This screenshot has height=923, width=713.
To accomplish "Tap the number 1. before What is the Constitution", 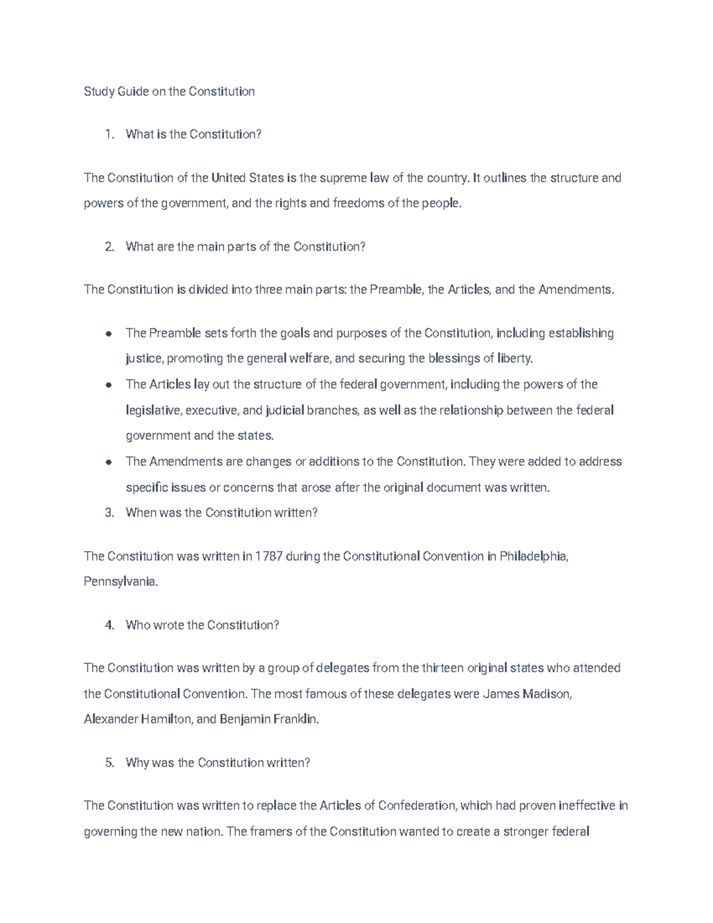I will pyautogui.click(x=109, y=134).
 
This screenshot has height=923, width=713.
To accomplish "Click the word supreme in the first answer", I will pyautogui.click(x=343, y=178).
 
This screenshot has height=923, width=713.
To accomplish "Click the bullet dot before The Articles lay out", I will pyautogui.click(x=108, y=385).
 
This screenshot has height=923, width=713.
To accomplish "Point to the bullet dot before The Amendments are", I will pyautogui.click(x=108, y=462).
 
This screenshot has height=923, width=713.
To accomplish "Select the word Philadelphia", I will pyautogui.click(x=534, y=556).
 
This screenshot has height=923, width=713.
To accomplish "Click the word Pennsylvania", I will pyautogui.click(x=121, y=582).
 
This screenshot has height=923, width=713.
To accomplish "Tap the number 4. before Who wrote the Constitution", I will pyautogui.click(x=109, y=625).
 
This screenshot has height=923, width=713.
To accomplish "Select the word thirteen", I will pyautogui.click(x=441, y=668).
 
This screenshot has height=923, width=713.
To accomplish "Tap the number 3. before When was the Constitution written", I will pyautogui.click(x=109, y=512).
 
